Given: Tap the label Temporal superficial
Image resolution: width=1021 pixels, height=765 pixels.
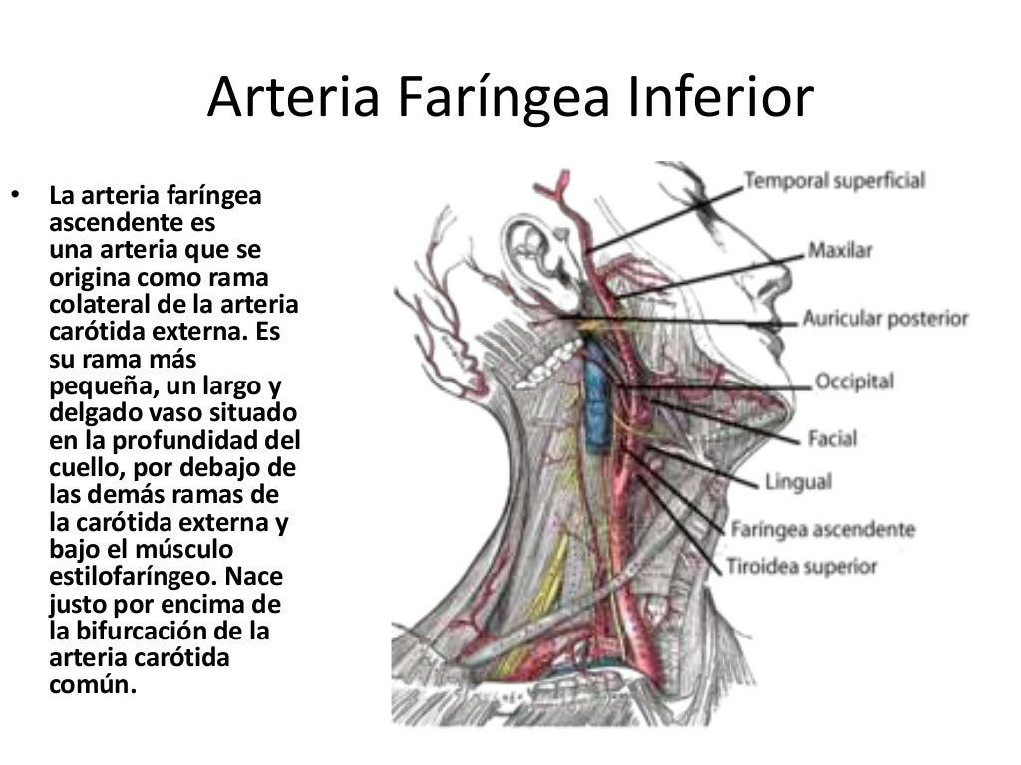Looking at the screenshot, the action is coord(835,181).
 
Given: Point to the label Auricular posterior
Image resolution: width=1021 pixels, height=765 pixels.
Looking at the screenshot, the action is coord(885,319).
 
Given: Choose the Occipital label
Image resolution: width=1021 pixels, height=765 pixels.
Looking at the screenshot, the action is coord(854,382).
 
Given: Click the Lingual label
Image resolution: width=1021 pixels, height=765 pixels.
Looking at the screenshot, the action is coord(797,483).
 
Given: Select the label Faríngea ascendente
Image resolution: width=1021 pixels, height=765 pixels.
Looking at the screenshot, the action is coord(823,529).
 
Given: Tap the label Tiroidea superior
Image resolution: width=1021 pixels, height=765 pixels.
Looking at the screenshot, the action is coord(804,567).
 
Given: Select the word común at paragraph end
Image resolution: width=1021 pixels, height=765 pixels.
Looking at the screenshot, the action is coord(89,685).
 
